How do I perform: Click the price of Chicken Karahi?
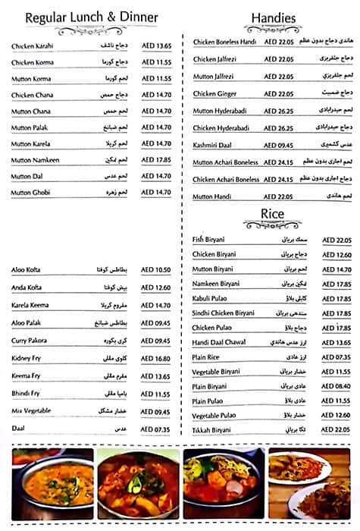pyautogui.click(x=157, y=46)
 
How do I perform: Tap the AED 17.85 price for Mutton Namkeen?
pyautogui.click(x=157, y=159)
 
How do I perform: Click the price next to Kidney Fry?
pyautogui.click(x=157, y=358)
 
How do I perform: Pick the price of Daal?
pyautogui.click(x=157, y=429)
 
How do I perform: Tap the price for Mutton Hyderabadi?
pyautogui.click(x=278, y=111)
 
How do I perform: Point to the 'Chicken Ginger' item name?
pyautogui.click(x=215, y=94)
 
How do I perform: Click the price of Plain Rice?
pyautogui.click(x=337, y=357)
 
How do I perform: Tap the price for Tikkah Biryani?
pyautogui.click(x=337, y=429)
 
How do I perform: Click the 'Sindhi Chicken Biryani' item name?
pyautogui.click(x=224, y=313)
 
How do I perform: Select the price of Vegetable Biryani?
pyautogui.click(x=337, y=372)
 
